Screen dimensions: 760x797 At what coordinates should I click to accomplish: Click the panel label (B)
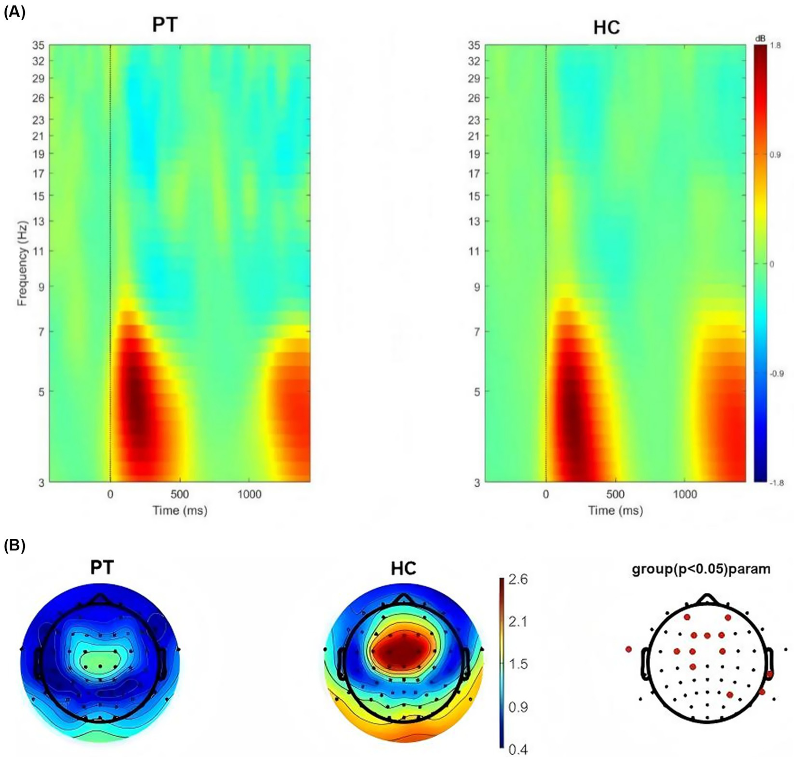[14, 546]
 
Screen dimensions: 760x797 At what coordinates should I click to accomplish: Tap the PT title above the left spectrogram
[165, 25]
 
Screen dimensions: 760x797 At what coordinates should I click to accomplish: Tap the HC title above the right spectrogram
[606, 27]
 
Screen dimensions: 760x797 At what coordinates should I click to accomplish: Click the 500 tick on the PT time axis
[180, 494]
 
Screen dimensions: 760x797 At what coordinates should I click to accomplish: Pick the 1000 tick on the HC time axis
[684, 494]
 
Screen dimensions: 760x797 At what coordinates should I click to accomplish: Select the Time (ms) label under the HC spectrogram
[615, 511]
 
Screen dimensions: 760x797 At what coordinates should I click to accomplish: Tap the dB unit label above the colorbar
[760, 38]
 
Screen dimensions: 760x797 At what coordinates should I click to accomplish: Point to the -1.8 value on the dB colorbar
[777, 482]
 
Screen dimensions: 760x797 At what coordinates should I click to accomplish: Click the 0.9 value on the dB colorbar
[775, 155]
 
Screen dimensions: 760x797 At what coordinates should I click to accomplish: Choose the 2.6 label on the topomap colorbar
[517, 579]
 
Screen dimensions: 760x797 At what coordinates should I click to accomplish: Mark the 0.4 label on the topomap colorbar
[517, 749]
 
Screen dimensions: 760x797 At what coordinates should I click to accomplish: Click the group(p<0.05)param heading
[701, 569]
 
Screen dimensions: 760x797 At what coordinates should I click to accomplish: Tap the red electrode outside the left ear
[629, 649]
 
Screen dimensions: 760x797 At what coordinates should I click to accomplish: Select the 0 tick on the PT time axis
[110, 494]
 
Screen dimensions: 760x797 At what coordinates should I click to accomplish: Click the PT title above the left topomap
[102, 568]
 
